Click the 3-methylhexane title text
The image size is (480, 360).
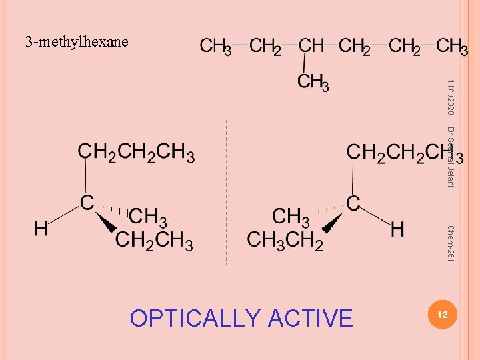(77, 42)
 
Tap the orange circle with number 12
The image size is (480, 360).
(439, 313)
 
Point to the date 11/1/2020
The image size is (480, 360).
(451, 97)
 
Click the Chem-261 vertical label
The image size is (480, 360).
(451, 243)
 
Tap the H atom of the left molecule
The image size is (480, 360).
(41, 229)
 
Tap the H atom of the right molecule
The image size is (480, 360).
(397, 229)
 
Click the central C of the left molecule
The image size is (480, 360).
(87, 203)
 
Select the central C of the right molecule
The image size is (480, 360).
(353, 203)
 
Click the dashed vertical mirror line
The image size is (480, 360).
(227, 193)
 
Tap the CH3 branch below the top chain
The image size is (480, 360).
(313, 82)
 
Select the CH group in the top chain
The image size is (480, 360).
(312, 46)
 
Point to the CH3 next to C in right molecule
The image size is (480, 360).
(291, 217)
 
